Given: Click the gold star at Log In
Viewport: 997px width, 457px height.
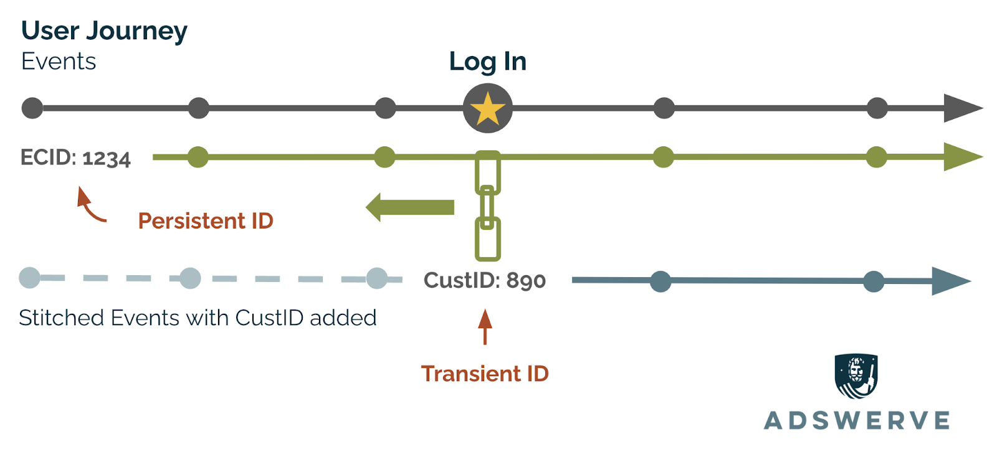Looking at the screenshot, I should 487,109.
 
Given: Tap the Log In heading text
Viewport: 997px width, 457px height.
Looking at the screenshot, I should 487,62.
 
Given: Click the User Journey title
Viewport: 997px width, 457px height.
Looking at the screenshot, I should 104,31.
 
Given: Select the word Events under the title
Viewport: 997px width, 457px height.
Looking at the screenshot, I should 59,62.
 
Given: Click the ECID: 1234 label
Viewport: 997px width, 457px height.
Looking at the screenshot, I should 75,158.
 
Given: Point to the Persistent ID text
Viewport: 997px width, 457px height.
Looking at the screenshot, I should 206,221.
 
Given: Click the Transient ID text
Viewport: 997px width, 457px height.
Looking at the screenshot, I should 485,374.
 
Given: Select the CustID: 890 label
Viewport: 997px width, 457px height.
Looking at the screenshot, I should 485,281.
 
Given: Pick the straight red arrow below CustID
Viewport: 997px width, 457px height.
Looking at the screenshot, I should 485,327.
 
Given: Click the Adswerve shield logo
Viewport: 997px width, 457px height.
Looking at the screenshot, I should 856,375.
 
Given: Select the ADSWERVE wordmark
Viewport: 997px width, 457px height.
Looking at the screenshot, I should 857,421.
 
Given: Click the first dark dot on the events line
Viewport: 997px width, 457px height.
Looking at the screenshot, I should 32,108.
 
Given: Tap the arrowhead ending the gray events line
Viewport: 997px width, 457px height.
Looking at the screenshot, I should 961,108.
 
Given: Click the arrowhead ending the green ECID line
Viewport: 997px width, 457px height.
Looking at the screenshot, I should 961,157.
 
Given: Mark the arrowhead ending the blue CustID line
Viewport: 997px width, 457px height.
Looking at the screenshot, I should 950,281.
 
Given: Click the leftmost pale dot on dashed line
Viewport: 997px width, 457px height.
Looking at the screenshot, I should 30,278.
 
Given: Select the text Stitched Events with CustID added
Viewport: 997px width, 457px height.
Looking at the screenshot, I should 198,318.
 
